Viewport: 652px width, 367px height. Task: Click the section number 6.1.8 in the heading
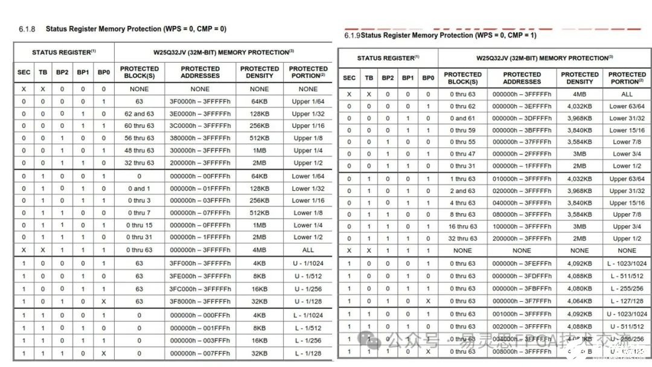tap(27, 29)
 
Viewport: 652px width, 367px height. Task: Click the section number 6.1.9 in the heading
tap(352, 36)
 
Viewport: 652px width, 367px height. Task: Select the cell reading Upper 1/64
tap(308, 101)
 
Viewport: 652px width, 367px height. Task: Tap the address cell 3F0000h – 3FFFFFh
tap(200, 101)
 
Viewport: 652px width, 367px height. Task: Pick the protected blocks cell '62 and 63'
tap(139, 113)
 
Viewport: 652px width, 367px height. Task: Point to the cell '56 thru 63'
tap(139, 138)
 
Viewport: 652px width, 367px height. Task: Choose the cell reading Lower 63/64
tap(627, 106)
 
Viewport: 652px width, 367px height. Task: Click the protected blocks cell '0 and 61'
tap(462, 118)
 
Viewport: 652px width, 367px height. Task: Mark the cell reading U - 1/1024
tap(308, 263)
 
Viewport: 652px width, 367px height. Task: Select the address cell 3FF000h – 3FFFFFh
tap(200, 263)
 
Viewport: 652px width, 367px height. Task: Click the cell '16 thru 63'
tap(462, 226)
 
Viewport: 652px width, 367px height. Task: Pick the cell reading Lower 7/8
tap(627, 142)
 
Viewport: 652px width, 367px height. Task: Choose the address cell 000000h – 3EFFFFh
tap(522, 106)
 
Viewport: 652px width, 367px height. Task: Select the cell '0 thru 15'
tap(139, 225)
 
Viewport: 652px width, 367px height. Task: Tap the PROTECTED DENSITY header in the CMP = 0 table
tap(260, 72)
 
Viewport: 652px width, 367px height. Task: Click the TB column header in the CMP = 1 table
tap(369, 78)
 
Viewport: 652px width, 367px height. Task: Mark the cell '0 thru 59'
tap(462, 130)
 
